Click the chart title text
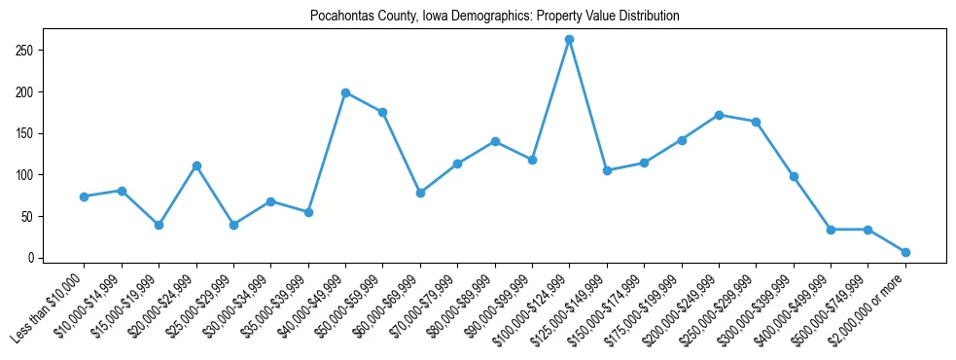[x=494, y=17]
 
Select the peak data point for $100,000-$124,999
[x=569, y=39]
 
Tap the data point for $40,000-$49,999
[x=345, y=92]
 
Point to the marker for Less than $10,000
[x=85, y=197]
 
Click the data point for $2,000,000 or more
[x=905, y=252]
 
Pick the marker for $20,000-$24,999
[x=196, y=165]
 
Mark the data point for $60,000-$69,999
[x=420, y=193]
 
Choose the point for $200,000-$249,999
[x=719, y=115]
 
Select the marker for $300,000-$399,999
[x=794, y=176]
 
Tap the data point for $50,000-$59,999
[x=383, y=112]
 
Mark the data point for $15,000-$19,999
[x=159, y=225]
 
